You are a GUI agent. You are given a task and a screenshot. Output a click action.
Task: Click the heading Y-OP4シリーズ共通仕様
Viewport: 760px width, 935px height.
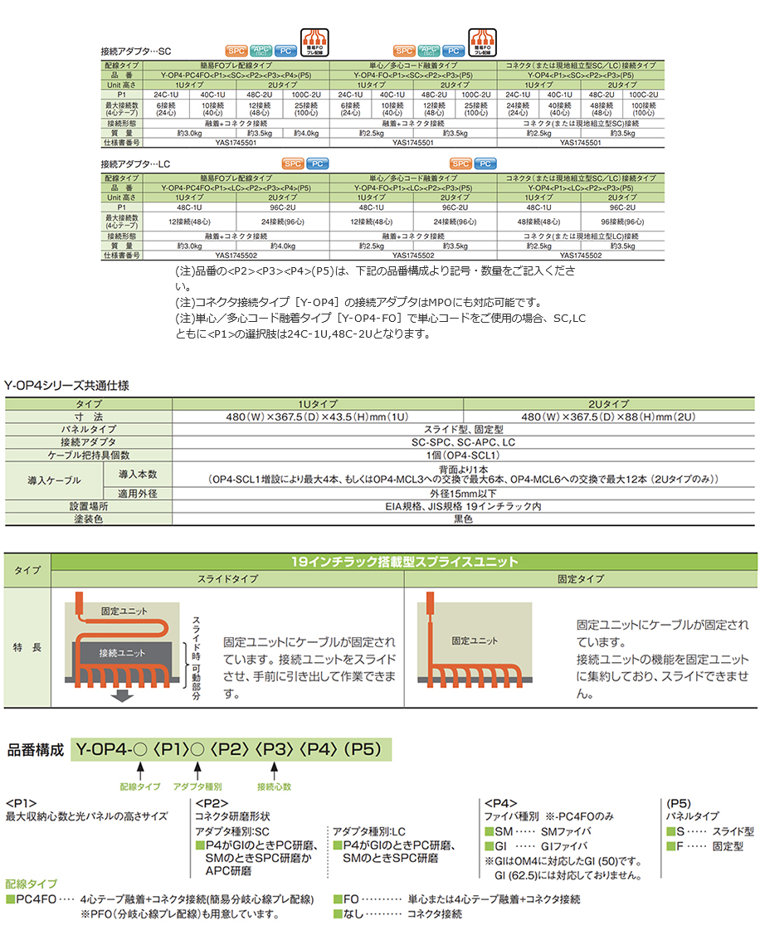[x=67, y=386]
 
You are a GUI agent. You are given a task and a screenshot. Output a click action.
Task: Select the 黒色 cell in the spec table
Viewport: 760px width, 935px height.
[x=463, y=519]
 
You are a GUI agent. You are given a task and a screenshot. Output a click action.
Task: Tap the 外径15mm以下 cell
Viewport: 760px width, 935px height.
[x=463, y=492]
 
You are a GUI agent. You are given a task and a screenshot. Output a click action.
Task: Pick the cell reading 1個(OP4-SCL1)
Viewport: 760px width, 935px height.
[x=463, y=455]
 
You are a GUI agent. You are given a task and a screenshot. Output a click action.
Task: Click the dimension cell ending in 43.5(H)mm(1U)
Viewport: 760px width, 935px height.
[x=317, y=416]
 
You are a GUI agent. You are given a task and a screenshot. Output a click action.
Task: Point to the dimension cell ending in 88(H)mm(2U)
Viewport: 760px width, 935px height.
[x=610, y=416]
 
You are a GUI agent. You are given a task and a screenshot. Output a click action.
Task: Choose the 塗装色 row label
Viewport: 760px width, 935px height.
[x=88, y=519]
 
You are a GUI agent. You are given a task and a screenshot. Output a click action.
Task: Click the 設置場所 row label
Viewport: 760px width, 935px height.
[x=88, y=505]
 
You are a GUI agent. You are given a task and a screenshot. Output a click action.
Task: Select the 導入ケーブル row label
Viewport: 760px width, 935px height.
[x=55, y=480]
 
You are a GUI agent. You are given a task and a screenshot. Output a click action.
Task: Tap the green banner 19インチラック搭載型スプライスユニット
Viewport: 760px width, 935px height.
[x=404, y=562]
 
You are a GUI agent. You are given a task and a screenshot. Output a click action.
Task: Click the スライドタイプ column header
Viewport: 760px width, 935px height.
[x=227, y=578]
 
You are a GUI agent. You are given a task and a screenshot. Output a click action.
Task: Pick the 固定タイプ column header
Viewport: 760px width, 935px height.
[x=581, y=578]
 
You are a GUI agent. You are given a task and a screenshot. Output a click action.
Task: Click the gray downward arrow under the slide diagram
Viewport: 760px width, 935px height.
[x=123, y=697]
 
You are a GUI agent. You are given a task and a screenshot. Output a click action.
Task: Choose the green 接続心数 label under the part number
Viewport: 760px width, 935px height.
[x=274, y=785]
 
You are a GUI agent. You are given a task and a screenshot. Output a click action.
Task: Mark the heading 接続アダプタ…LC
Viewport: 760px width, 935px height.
[x=135, y=164]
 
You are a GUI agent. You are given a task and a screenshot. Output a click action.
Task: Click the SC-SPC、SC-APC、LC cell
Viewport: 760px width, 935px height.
[x=463, y=442]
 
